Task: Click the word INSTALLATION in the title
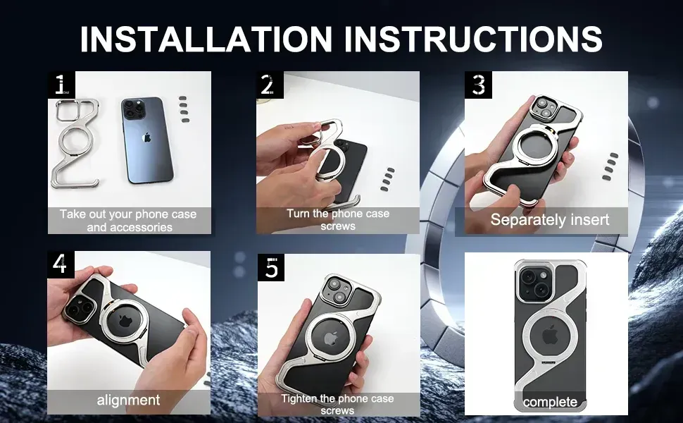click(206, 39)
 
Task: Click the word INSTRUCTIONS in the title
click(473, 39)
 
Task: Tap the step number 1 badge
click(61, 85)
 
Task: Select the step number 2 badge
click(270, 85)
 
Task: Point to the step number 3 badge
click(478, 85)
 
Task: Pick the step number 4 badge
click(61, 264)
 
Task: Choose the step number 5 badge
click(271, 267)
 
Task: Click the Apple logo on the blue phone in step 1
click(146, 137)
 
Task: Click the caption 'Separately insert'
click(550, 219)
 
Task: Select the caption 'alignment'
click(128, 400)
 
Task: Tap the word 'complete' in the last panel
click(550, 402)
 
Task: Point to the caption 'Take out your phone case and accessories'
click(129, 221)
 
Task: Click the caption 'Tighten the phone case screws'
click(337, 405)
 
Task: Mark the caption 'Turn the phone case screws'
click(338, 220)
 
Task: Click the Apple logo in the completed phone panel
click(550, 336)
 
